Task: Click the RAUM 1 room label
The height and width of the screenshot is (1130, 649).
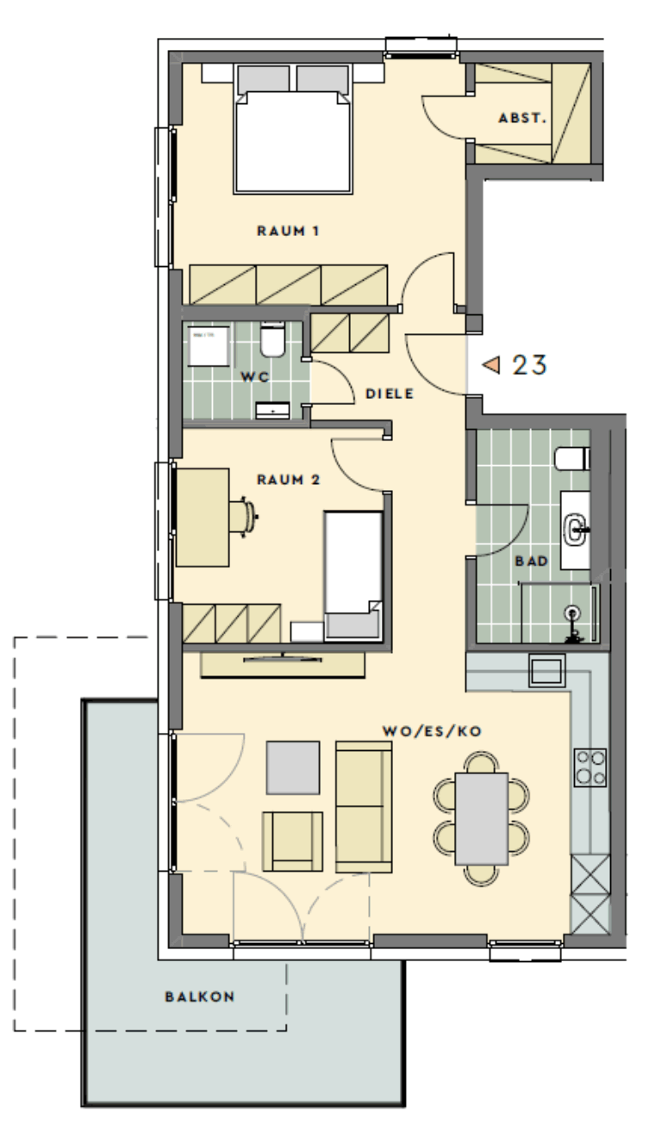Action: coord(288,231)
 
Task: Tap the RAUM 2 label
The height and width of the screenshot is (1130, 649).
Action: coord(289,479)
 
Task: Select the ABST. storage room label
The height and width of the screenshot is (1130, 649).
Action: coord(522,118)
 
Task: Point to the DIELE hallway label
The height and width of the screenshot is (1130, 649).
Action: coord(390,394)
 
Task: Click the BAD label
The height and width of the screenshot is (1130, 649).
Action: coord(532,561)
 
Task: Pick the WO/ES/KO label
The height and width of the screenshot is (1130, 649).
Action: coord(432,731)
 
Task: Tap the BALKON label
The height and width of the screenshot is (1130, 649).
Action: coord(200,997)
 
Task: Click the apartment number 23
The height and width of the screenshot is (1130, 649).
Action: coord(529,364)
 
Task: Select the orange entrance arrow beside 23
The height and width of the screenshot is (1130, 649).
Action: coord(491,364)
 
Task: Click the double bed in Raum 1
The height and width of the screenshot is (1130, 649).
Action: coord(293,130)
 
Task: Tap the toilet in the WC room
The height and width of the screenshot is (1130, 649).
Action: coord(273,340)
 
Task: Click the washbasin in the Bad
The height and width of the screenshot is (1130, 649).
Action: coord(575,530)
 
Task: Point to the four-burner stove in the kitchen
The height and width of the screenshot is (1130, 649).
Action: coord(590,767)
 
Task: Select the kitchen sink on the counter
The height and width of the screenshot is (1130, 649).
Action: coord(546,670)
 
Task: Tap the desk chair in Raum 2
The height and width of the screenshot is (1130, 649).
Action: coord(244,515)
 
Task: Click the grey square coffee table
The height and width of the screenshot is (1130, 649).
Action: coord(293,767)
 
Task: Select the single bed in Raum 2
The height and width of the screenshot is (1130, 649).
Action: coord(353,575)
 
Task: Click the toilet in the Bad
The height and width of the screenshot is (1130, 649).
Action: coord(572,458)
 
